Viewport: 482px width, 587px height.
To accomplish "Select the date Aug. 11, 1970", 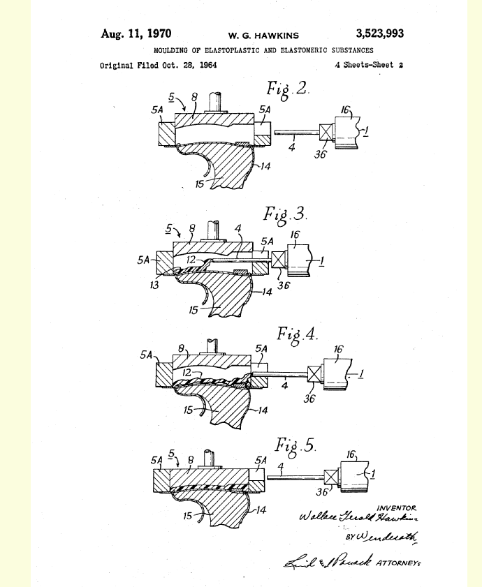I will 136,34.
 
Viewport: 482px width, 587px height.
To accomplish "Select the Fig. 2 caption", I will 287,90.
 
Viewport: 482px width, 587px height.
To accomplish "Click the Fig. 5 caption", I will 296,445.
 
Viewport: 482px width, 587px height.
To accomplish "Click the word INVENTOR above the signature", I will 396,507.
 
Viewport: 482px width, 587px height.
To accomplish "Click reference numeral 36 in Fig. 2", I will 319,154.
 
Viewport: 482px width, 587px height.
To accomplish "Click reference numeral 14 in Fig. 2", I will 264,166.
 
